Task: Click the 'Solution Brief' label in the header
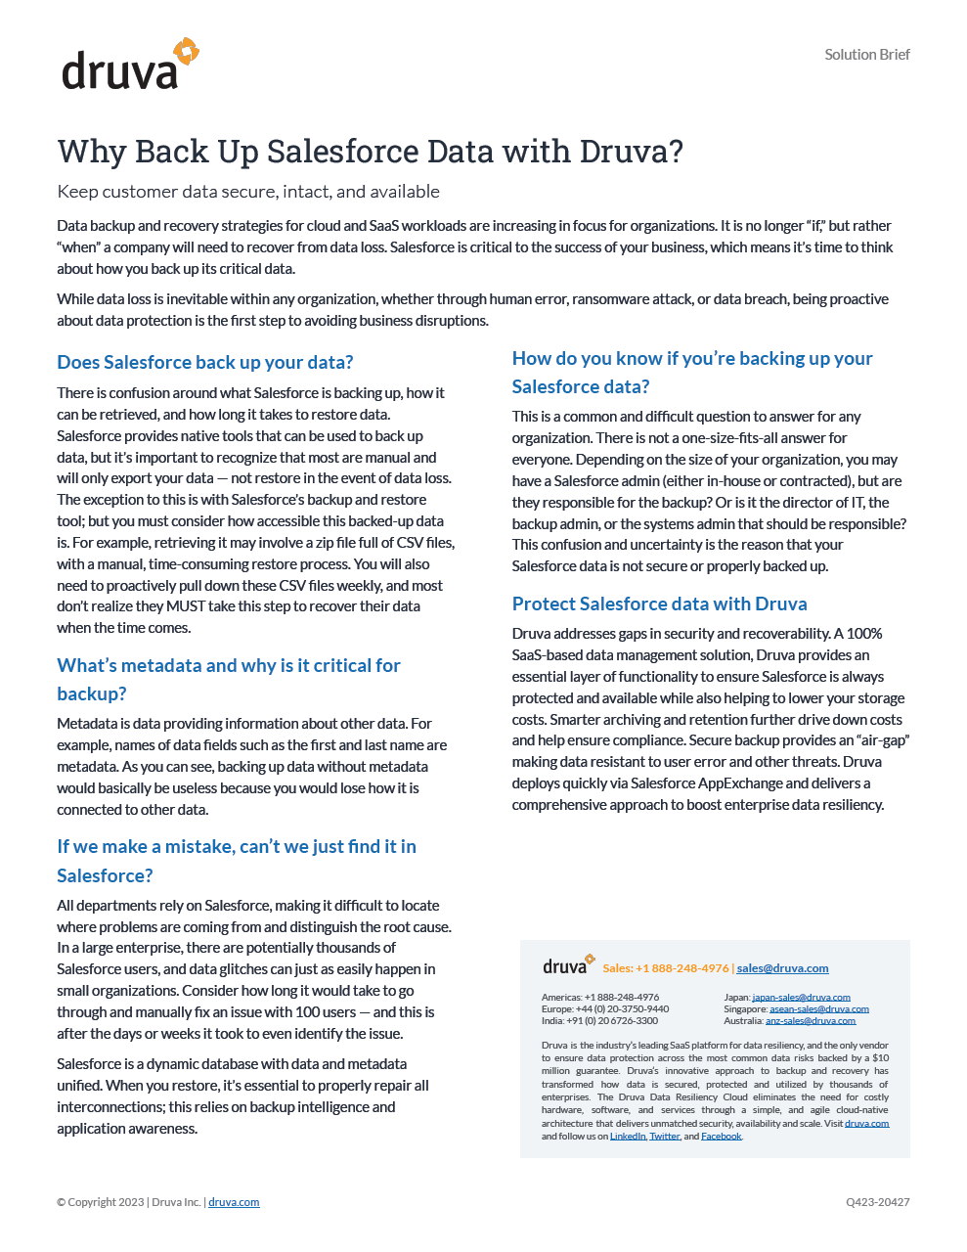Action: [866, 55]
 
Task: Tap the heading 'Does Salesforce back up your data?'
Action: [205, 362]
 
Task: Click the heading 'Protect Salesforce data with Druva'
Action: [659, 604]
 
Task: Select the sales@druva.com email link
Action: [782, 968]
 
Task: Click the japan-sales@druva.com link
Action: [801, 997]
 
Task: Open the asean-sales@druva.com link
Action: [818, 1008]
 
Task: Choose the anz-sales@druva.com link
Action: [810, 1020]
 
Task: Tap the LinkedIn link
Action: [628, 1137]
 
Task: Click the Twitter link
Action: [664, 1137]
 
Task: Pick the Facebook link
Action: [721, 1137]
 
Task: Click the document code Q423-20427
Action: [877, 1202]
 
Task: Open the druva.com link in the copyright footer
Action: [234, 1202]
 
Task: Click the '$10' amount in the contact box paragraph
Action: [880, 1058]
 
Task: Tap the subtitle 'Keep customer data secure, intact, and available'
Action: [248, 192]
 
